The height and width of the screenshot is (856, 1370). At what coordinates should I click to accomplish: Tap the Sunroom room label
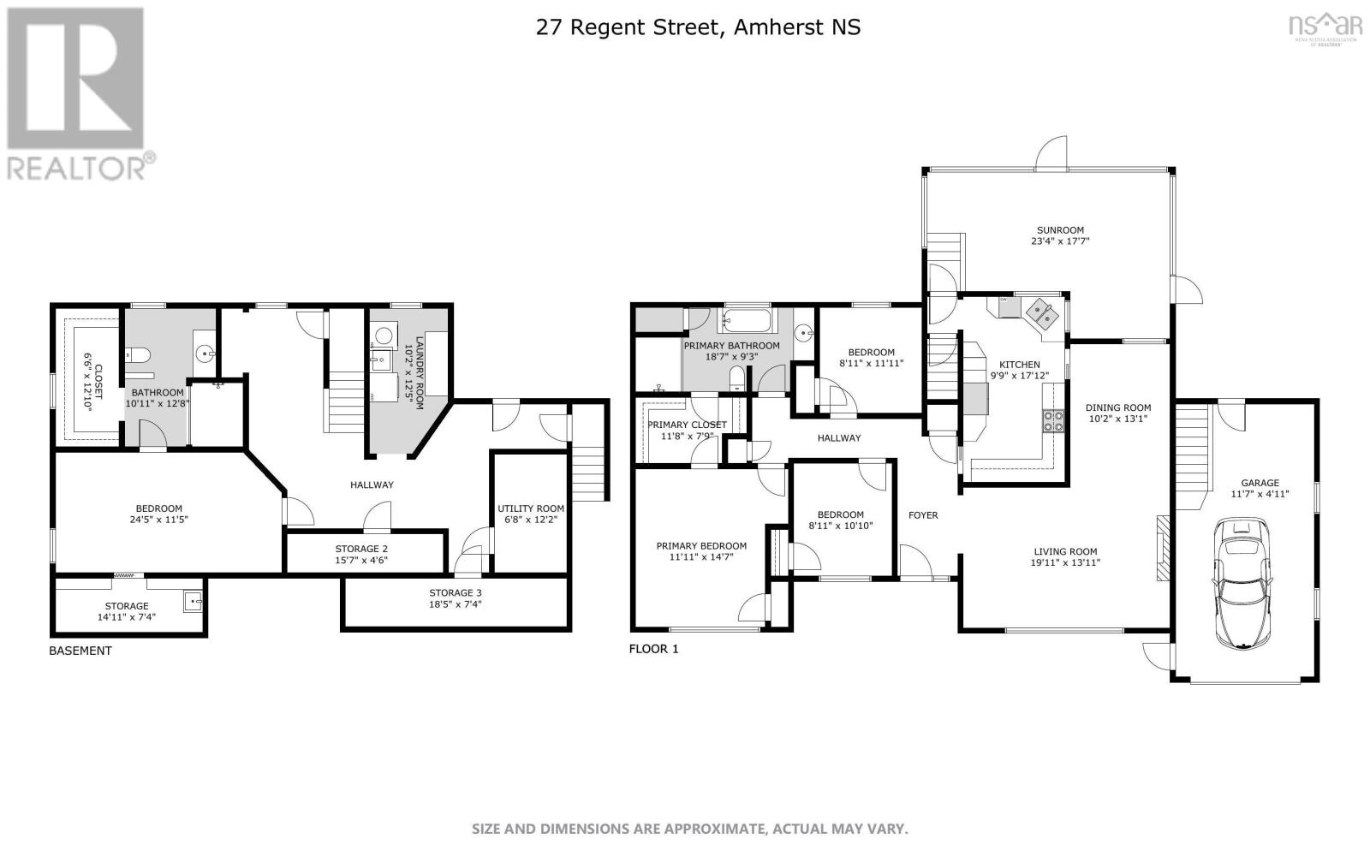point(1060,230)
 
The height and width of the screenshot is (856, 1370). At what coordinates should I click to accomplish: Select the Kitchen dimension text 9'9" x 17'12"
point(1019,376)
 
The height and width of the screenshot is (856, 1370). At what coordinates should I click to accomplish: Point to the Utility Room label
point(531,508)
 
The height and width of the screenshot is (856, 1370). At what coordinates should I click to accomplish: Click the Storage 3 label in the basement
point(456,592)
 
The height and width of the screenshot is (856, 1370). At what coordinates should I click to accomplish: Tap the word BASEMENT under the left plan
point(80,651)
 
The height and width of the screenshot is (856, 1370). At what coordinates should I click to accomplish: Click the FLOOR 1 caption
point(653,649)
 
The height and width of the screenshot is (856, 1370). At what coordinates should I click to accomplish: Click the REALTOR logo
point(77,94)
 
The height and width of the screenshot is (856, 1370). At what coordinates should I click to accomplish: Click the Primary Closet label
point(687,425)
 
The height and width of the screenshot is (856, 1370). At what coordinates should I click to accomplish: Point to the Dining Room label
point(1118,407)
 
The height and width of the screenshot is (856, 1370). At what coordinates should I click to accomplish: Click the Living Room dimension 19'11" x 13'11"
point(1064,563)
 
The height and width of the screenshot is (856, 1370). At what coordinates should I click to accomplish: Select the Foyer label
point(923,515)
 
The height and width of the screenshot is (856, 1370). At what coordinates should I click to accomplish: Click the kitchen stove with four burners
point(1052,419)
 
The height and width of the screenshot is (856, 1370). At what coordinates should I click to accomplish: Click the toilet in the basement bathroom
point(140,354)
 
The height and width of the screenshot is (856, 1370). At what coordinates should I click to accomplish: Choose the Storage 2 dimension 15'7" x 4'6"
point(361,561)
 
